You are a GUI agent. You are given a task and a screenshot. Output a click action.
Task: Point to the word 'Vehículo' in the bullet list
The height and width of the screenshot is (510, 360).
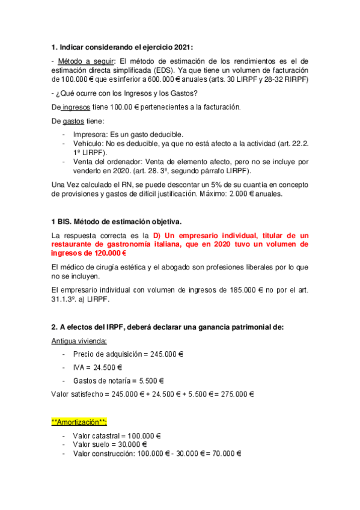point(88,143)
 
